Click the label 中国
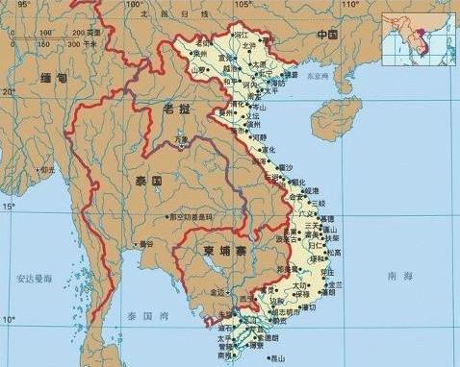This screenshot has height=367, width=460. click(x=329, y=34)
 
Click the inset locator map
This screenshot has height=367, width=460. click(x=419, y=36)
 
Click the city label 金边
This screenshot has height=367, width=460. click(x=217, y=291)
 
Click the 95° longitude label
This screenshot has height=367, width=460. click(x=23, y=4)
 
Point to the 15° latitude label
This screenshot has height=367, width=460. click(x=8, y=206)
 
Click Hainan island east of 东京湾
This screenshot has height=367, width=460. click(x=349, y=112)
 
